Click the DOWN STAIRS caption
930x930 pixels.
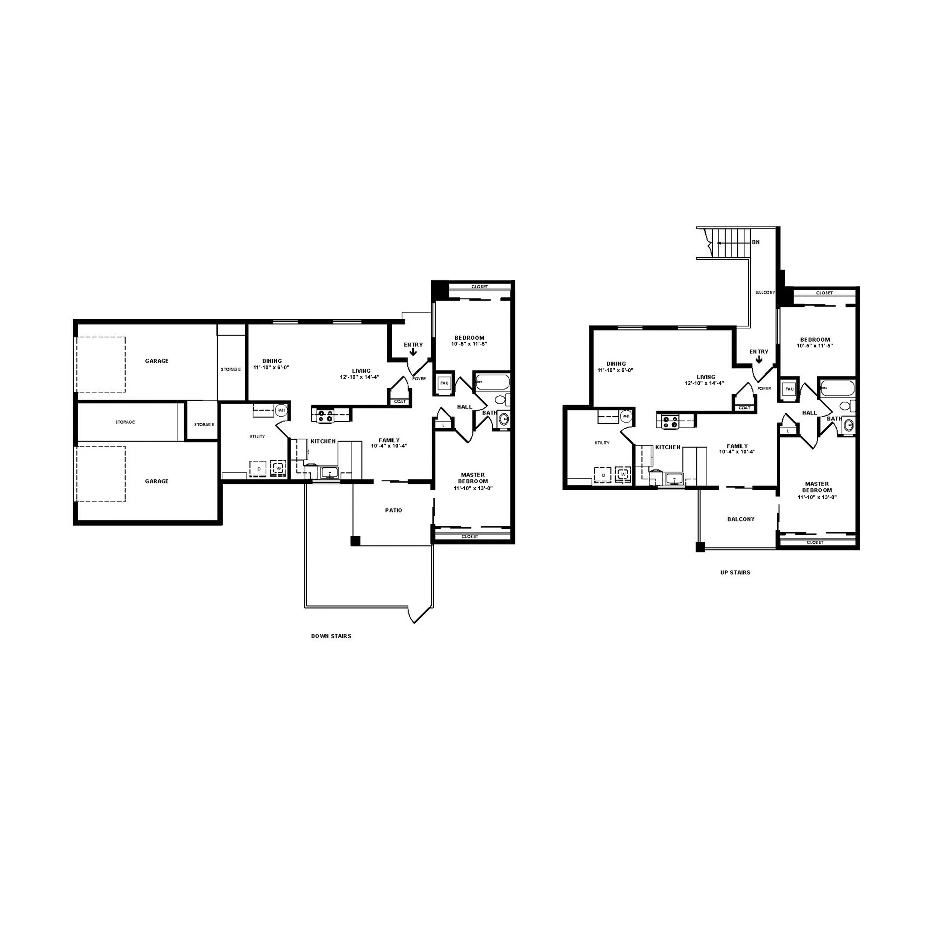coord(331,636)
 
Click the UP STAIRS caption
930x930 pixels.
coord(735,573)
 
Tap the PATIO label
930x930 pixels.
coord(393,510)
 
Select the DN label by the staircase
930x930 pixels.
coord(756,242)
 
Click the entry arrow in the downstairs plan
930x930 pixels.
coord(413,352)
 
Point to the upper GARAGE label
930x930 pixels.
coord(157,361)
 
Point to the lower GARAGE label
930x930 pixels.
coord(157,481)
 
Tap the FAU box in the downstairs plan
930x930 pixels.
coord(444,383)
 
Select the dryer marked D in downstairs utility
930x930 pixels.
coord(259,468)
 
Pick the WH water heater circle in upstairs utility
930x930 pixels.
coord(626,416)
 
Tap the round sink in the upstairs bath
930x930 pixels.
coord(849,425)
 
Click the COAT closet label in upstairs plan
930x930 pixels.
coord(744,408)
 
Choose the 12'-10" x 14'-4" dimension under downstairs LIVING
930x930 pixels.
coord(360,377)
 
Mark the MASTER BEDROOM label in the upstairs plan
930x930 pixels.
coord(817,487)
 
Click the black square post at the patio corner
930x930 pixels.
coord(355,541)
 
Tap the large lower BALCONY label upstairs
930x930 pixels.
coord(740,519)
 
